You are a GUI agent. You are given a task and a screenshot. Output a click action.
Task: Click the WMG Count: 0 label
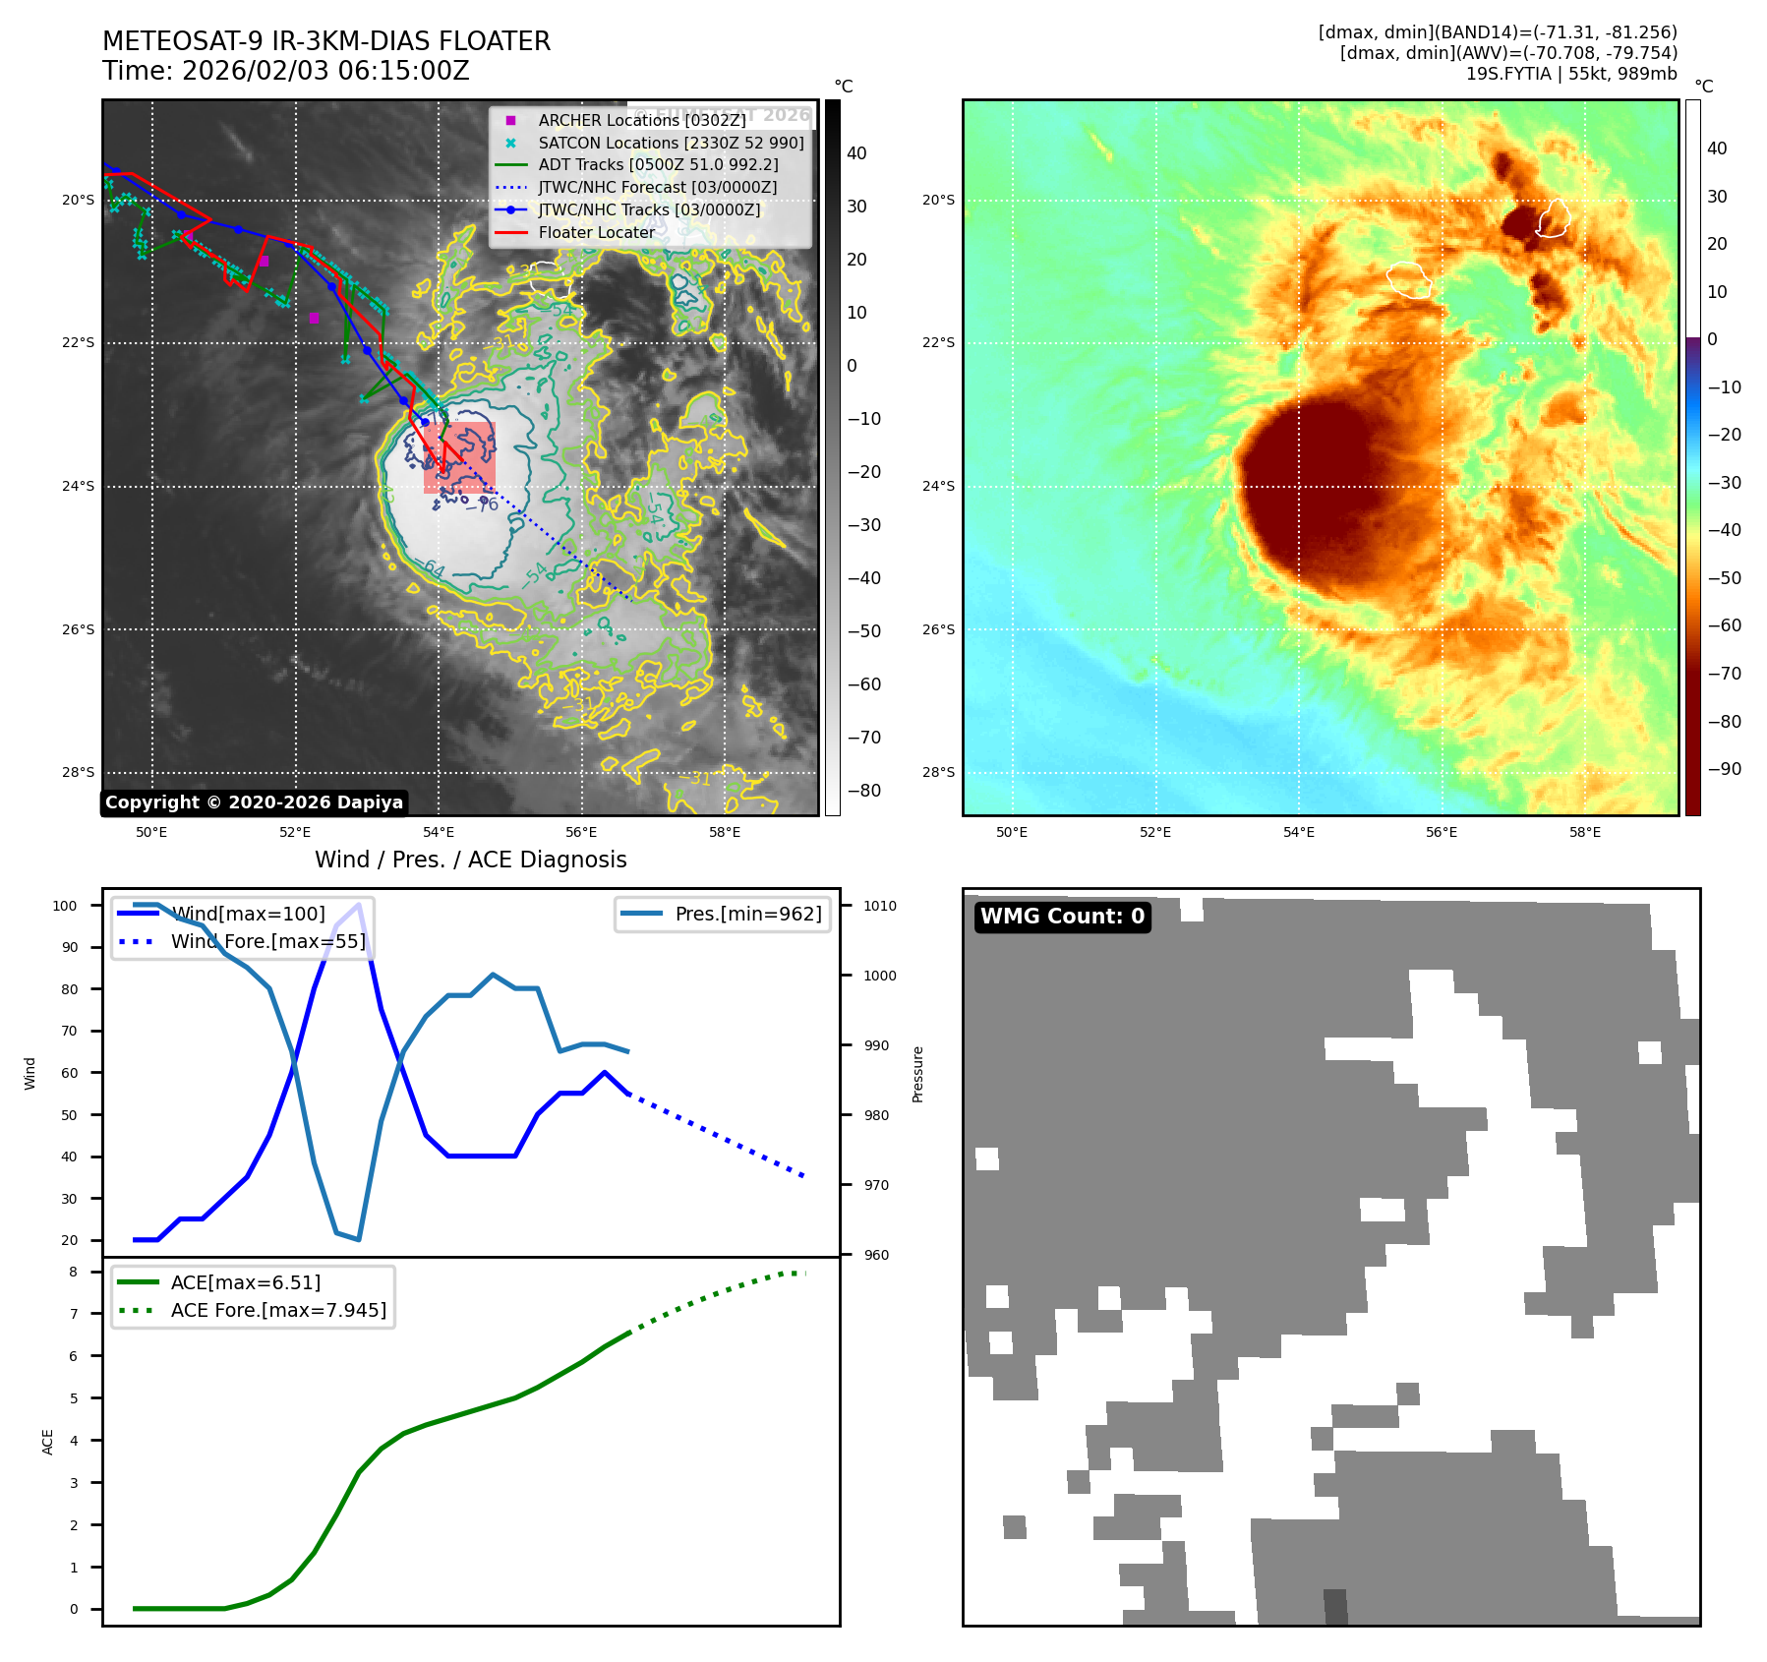[x=1062, y=917]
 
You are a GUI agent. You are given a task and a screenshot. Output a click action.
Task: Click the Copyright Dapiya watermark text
[x=254, y=802]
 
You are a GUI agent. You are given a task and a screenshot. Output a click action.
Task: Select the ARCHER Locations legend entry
[x=641, y=120]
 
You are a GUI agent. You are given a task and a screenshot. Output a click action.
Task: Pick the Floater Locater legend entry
[x=596, y=232]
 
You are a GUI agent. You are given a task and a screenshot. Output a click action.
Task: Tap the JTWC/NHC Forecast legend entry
[x=657, y=187]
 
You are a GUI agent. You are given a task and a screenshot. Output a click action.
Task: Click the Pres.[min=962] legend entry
[x=747, y=914]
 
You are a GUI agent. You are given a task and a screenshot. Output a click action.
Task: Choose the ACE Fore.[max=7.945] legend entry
[x=278, y=1310]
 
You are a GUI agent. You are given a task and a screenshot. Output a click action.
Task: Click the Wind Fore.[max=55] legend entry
[x=267, y=941]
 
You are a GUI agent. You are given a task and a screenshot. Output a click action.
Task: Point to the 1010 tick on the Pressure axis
[x=880, y=906]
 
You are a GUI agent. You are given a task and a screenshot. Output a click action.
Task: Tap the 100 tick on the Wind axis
[x=65, y=906]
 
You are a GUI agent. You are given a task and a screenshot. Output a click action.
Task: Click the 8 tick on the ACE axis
[x=73, y=1272]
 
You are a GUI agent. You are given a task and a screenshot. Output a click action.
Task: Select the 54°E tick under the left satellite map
[x=439, y=832]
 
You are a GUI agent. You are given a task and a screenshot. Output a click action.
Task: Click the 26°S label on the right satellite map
[x=938, y=629]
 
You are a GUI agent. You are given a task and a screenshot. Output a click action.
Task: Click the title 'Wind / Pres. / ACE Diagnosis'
[x=470, y=860]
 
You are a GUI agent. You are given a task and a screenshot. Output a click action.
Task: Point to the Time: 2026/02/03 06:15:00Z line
[x=286, y=71]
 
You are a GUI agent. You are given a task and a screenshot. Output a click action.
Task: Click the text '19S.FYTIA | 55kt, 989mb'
[x=1570, y=74]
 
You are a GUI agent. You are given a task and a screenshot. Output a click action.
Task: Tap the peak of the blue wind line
[x=359, y=904]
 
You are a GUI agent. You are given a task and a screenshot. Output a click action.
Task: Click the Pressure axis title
[x=917, y=1074]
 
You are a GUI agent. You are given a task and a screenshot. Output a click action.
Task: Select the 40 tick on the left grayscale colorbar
[x=856, y=152]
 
